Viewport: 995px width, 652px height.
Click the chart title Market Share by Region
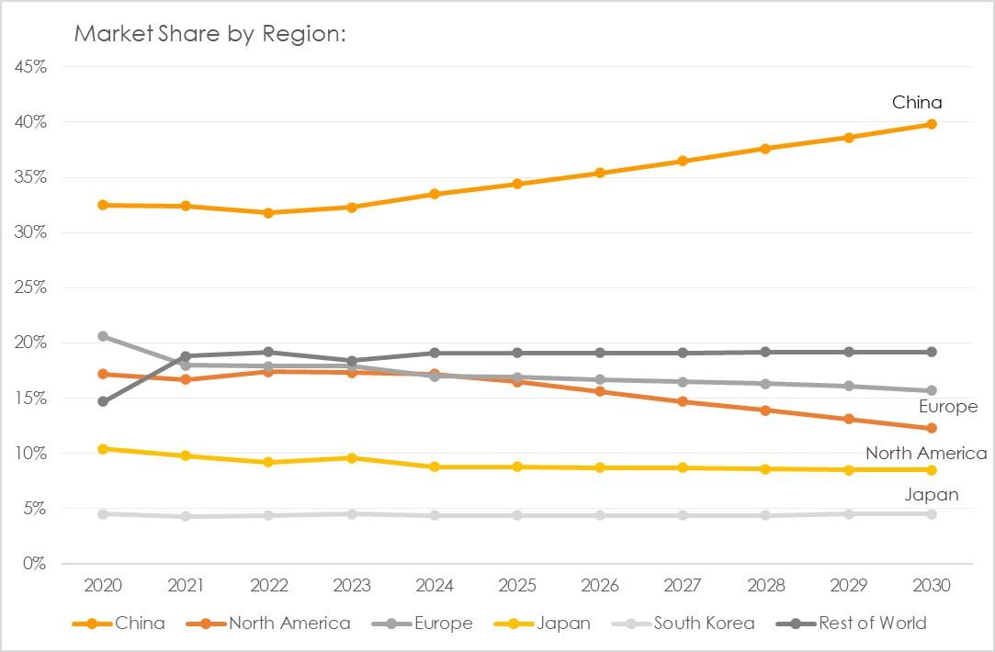209,34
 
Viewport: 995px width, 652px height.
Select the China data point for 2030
931,124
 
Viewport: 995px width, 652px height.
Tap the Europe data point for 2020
103,336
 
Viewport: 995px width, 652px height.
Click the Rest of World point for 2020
103,401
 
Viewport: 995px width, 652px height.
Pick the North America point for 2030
931,428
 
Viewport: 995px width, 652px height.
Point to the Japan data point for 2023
351,457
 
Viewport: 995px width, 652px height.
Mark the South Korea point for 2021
186,516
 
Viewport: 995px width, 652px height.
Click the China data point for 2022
268,212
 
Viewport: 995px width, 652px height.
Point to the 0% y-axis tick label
34,564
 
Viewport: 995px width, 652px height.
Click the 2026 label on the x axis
600,586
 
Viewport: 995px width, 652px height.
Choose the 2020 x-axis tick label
103,586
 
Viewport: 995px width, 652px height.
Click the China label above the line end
917,103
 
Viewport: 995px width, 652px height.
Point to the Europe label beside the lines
948,407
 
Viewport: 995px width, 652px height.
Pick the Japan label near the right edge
932,495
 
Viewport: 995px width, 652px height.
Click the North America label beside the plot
925,454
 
